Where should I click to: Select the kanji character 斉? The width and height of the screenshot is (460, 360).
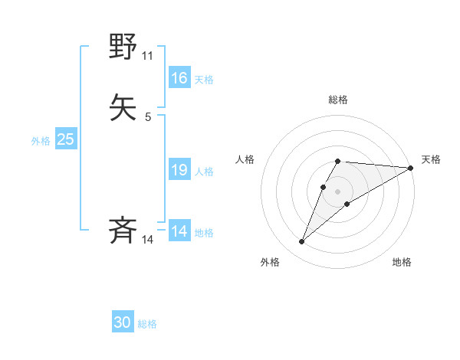123,231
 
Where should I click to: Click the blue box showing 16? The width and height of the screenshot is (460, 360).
179,78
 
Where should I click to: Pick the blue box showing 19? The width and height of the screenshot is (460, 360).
179,171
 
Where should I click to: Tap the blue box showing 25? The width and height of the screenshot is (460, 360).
66,139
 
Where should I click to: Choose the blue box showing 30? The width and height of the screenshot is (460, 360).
123,322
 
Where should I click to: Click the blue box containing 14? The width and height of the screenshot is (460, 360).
179,231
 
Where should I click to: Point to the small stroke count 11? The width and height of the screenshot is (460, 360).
148,56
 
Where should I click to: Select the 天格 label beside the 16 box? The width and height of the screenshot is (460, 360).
204,79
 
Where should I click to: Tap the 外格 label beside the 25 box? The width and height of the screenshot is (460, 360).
41,140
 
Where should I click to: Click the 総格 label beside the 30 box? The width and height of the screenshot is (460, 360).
147,324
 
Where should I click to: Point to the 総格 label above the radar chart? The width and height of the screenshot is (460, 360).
338,100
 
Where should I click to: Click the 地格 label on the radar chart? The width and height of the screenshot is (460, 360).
402,262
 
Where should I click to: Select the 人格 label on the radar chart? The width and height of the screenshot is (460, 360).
245,159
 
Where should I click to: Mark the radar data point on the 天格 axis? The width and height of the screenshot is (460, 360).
411,169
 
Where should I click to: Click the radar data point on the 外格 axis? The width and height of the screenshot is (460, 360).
302,242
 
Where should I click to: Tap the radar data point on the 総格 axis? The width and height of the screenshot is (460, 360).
338,162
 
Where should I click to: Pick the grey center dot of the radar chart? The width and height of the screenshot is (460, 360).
338,191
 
